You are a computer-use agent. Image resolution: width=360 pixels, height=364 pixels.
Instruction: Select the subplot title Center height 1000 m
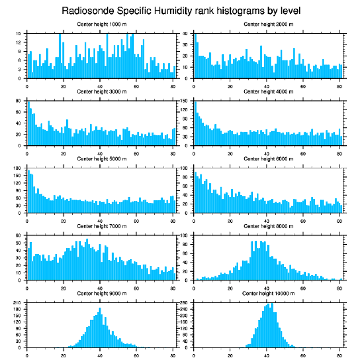pos(101,24)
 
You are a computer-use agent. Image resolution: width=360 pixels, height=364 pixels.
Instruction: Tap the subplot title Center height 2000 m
pos(268,24)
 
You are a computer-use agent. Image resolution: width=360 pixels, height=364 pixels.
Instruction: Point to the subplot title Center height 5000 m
pos(101,159)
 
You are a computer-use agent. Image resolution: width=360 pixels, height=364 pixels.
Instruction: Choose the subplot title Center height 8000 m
pos(268,226)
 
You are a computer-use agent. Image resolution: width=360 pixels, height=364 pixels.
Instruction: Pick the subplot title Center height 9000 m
pos(101,293)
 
